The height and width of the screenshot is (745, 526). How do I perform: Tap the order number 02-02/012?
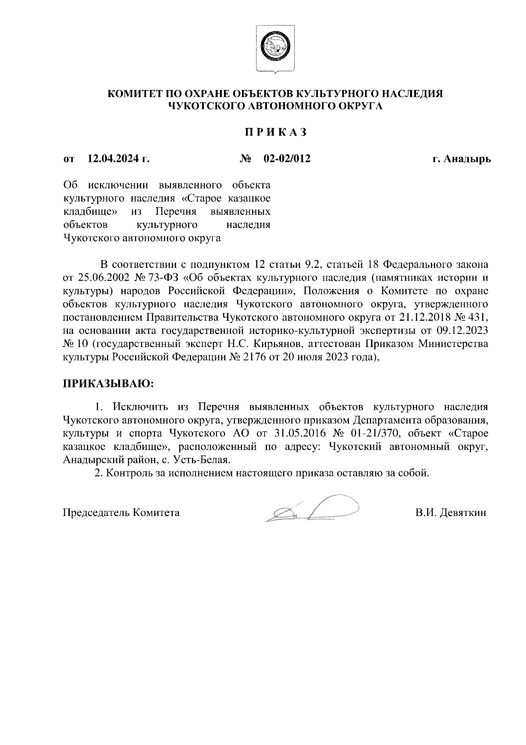tap(287, 159)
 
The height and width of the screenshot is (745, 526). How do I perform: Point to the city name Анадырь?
tap(467, 159)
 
